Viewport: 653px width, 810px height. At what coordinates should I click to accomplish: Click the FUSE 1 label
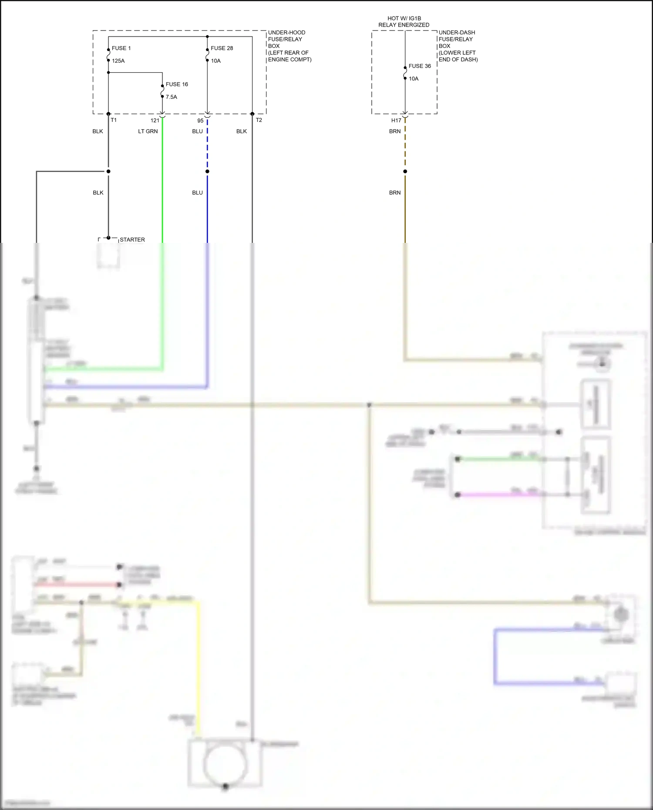121,48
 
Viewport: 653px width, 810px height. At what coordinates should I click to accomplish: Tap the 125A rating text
118,61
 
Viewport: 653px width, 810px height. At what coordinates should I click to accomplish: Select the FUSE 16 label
177,84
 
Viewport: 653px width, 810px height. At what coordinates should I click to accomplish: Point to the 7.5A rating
172,97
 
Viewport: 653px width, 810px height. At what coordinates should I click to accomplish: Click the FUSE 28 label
222,48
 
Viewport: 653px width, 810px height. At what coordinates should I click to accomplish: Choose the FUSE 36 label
420,66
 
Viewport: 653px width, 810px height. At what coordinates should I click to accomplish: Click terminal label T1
114,120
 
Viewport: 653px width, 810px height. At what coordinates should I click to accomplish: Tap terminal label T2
259,120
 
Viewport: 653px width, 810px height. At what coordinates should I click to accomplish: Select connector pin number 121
155,121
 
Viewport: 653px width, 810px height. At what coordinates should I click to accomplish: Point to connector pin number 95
200,121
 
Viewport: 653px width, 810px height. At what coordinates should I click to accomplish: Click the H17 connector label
396,121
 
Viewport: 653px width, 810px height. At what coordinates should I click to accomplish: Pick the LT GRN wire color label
148,131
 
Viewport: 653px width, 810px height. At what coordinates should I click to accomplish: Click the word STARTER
132,240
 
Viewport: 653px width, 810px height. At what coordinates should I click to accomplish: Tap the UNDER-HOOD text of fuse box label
286,33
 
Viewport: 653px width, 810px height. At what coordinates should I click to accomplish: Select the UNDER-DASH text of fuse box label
457,33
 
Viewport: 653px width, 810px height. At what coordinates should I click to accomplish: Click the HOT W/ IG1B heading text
404,18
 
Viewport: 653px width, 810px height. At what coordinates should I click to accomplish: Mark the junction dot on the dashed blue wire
207,171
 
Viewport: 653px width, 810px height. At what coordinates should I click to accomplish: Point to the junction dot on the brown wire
405,171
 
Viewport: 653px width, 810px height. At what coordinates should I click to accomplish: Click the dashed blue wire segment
207,148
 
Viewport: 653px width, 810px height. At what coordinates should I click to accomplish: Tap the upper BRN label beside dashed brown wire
395,131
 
